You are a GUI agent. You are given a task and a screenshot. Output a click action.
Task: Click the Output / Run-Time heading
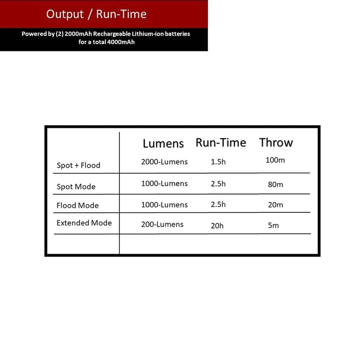tap(96, 14)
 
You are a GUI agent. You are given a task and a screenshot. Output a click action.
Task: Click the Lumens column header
tap(163, 143)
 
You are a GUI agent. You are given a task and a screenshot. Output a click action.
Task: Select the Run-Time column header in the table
tap(221, 143)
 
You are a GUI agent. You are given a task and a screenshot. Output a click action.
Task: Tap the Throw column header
tap(276, 143)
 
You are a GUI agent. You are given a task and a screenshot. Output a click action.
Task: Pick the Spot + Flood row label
tap(78, 166)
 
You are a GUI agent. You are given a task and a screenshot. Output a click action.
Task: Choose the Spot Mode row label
tap(76, 187)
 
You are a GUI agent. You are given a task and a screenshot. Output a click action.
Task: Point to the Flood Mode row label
tap(77, 206)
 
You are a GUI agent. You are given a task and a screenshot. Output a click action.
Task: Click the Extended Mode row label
tap(84, 223)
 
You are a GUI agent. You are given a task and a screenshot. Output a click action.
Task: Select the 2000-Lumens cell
tap(164, 162)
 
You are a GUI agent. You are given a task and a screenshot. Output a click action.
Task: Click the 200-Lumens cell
tap(162, 225)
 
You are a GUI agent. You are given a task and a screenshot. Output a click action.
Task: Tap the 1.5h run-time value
tap(218, 162)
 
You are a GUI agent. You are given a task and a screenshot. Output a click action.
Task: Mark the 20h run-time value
tap(217, 226)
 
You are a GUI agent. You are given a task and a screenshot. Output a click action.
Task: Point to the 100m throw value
tap(275, 160)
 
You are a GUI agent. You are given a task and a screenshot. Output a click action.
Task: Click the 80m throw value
tap(275, 185)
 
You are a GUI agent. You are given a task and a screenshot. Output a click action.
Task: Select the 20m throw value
tap(275, 205)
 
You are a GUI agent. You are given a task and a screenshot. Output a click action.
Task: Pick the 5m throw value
tap(273, 226)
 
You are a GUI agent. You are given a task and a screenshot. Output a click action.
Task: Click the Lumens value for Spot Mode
tap(164, 184)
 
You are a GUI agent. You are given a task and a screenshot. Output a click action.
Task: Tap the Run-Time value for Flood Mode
tap(218, 204)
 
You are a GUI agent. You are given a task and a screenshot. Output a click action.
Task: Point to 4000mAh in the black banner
tap(121, 42)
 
